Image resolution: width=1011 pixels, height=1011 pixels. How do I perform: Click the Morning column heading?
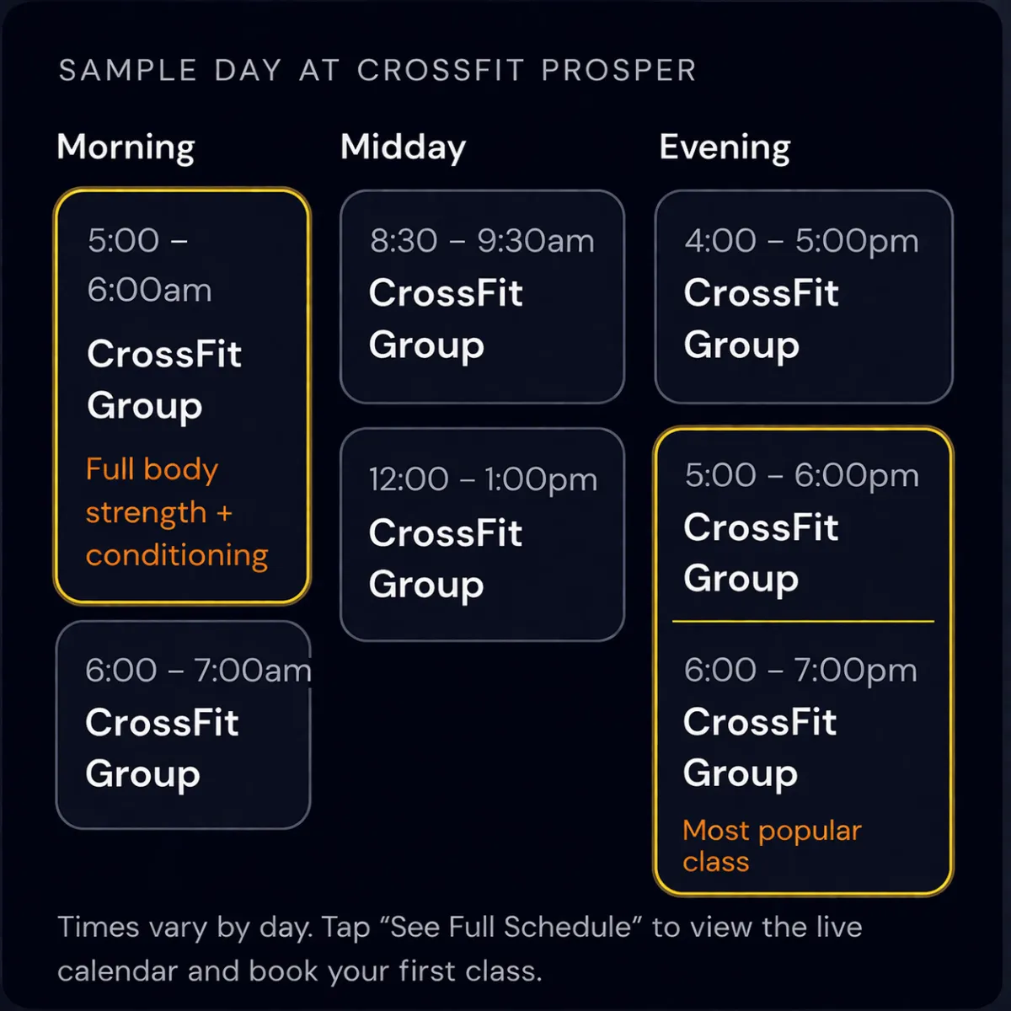coord(126,148)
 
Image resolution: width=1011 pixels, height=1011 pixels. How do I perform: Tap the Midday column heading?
coord(403,148)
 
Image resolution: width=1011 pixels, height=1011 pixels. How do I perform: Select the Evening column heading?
coord(725,148)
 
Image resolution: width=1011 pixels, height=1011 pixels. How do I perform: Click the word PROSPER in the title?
coord(618,70)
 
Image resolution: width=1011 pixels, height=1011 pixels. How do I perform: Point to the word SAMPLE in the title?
coord(128,70)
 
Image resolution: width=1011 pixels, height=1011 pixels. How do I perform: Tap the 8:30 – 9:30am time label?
coord(482,241)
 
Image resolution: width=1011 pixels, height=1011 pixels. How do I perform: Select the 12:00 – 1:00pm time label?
coord(483,479)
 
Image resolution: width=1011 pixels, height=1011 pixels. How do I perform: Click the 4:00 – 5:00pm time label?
coord(801,241)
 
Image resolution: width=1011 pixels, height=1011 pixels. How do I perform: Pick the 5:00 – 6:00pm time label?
coord(801,475)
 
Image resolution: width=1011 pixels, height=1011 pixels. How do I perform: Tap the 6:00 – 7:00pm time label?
coord(800,670)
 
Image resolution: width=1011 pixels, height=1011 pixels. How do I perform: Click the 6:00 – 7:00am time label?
coord(198,670)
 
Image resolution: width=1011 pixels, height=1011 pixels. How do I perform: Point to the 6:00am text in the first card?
coord(149,290)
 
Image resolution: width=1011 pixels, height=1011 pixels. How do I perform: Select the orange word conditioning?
coord(177,556)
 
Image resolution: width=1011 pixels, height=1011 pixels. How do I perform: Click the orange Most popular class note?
coord(772,846)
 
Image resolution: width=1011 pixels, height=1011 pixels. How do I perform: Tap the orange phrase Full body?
coord(152,469)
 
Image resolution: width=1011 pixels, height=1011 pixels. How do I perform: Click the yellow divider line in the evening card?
coord(803,621)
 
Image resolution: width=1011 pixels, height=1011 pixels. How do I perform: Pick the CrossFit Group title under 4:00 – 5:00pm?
coord(761,319)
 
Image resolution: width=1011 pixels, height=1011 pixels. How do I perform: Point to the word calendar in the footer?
coord(117,971)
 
